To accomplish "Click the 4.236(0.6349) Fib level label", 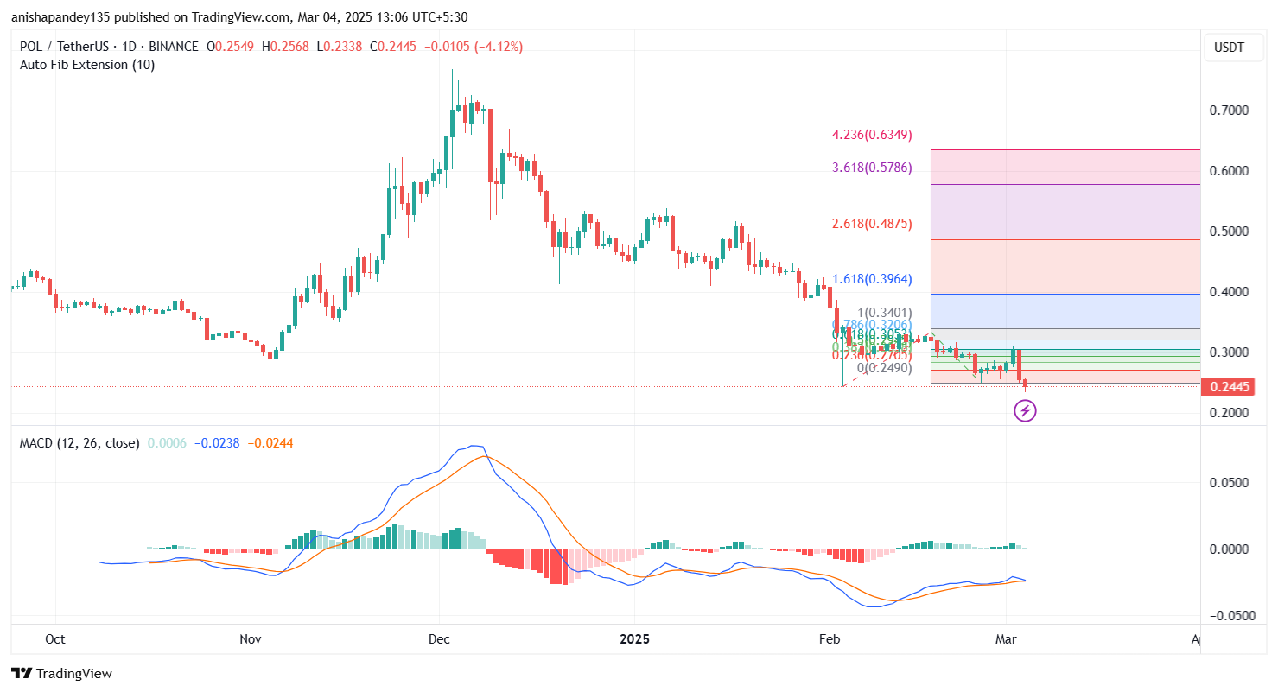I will pyautogui.click(x=871, y=135).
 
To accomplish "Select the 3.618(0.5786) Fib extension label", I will pyautogui.click(x=871, y=168).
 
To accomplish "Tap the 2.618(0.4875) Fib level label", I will pyautogui.click(x=871, y=224).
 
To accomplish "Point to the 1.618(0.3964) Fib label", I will pyautogui.click(x=871, y=279).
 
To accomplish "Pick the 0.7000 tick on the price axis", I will pyautogui.click(x=1229, y=111).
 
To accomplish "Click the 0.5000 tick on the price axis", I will pyautogui.click(x=1229, y=232).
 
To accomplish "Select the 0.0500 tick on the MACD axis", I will pyautogui.click(x=1229, y=482).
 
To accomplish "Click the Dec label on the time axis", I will pyautogui.click(x=439, y=639).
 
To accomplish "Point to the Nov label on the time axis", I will pyautogui.click(x=251, y=639).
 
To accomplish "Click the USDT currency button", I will pyautogui.click(x=1229, y=48).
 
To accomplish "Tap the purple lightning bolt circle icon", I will pyautogui.click(x=1025, y=411).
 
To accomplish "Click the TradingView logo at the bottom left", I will pyautogui.click(x=61, y=673).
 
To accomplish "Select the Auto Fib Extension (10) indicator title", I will pyautogui.click(x=87, y=65).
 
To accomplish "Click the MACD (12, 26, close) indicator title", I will pyautogui.click(x=79, y=443).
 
